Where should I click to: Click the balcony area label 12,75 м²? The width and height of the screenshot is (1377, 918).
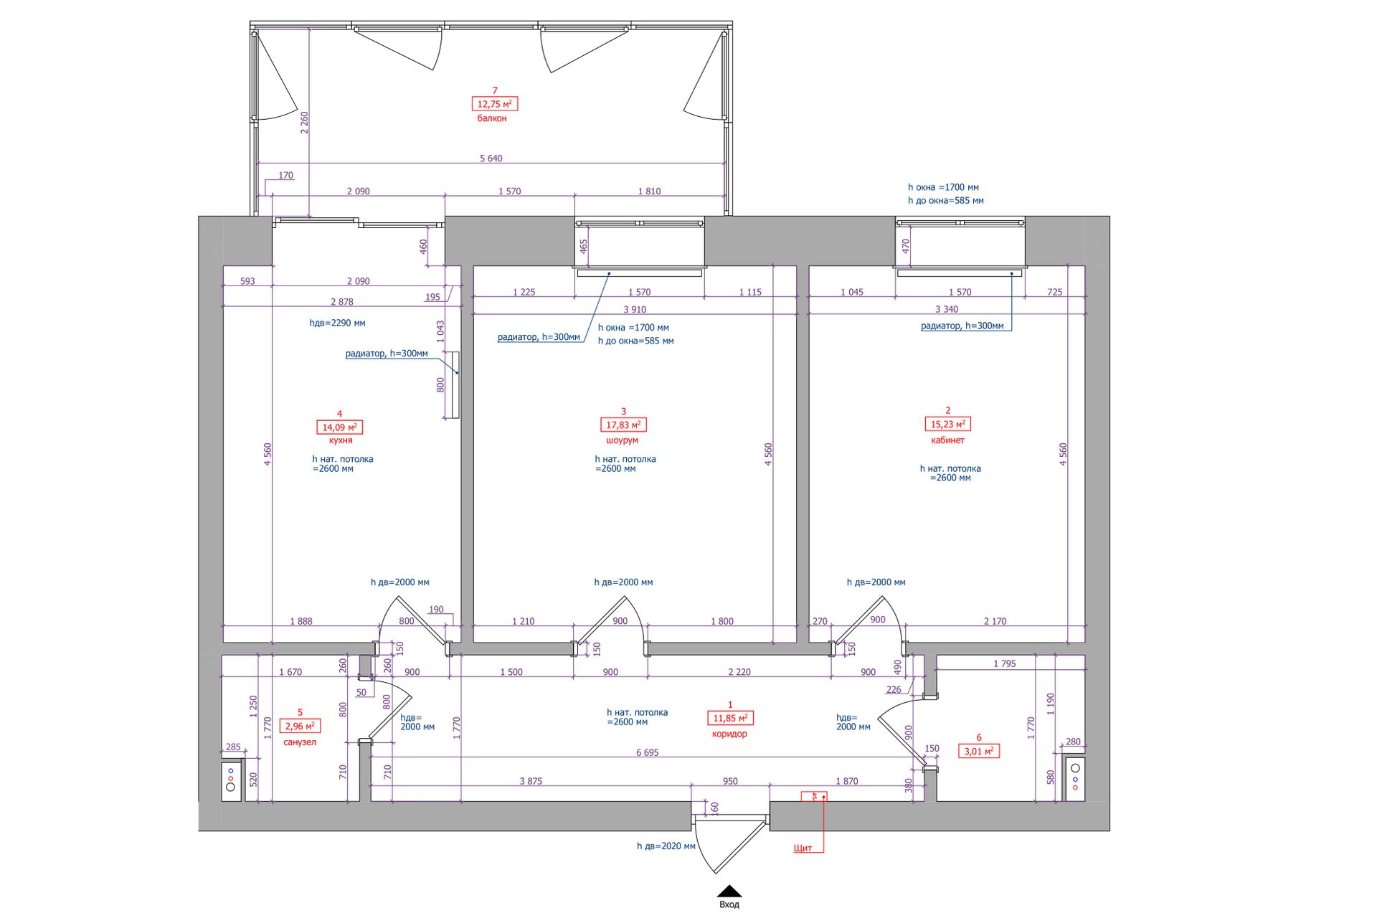495,104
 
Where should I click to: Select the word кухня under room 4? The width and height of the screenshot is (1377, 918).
341,440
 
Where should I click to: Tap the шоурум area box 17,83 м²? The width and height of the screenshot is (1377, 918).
623,425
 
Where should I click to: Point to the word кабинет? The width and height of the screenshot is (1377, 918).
947,440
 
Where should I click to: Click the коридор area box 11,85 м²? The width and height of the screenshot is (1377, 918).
730,718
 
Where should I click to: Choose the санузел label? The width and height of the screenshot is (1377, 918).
300,742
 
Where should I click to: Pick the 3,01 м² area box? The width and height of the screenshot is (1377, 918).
979,752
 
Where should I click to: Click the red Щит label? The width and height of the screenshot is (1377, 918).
803,848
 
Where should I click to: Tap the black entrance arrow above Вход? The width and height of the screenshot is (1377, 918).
729,891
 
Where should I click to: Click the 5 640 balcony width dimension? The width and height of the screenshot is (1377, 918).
491,158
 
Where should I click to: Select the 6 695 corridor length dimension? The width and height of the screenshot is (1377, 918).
647,752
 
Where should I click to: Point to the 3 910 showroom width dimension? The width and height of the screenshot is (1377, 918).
635,310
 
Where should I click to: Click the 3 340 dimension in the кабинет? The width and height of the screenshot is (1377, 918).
947,310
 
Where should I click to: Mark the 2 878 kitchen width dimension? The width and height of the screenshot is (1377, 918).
342,302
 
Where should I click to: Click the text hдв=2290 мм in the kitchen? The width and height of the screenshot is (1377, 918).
337,323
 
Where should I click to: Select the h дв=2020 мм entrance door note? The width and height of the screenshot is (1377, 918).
666,846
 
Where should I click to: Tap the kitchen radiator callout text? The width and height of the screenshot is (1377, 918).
387,354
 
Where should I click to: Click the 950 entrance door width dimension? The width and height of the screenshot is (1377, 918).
730,781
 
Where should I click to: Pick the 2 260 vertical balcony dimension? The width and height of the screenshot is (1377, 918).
305,123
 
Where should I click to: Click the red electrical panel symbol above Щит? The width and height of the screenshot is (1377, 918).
814,796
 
